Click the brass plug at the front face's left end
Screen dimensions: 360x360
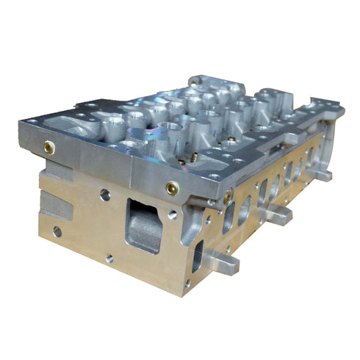[49, 145]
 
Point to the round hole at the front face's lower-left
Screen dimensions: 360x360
[57, 231]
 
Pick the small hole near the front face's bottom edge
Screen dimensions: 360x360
[109, 258]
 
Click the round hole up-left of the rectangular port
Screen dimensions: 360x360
[106, 195]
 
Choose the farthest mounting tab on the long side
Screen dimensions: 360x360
[321, 176]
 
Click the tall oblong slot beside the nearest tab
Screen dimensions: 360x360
[198, 256]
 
